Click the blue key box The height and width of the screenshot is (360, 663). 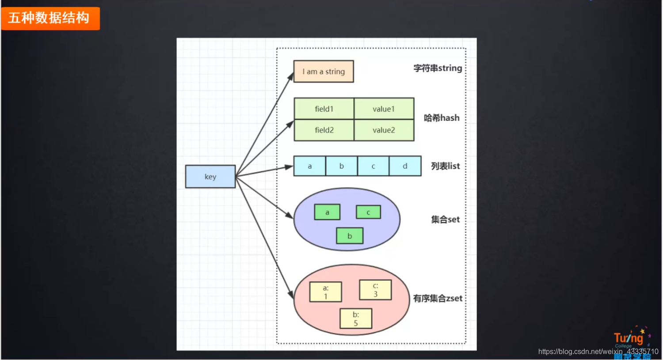click(x=210, y=177)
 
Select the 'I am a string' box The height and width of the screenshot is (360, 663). click(x=324, y=72)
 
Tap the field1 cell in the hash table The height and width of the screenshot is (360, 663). click(x=324, y=109)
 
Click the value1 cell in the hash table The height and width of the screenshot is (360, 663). click(x=384, y=109)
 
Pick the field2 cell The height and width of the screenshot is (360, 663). click(x=324, y=130)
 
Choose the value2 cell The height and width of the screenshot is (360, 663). click(x=384, y=130)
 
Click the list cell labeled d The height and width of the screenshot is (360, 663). click(x=405, y=166)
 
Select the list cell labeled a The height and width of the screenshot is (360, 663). click(x=309, y=166)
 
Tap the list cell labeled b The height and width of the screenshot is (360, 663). click(x=341, y=166)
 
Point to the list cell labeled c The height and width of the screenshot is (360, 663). click(x=373, y=166)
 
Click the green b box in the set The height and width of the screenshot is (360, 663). click(x=350, y=236)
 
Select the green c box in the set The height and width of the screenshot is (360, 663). click(x=368, y=212)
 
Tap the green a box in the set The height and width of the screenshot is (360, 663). click(x=327, y=212)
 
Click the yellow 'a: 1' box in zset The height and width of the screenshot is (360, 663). click(x=326, y=292)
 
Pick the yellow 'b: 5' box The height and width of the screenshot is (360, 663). click(x=356, y=318)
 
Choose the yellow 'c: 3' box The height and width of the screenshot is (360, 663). click(x=375, y=290)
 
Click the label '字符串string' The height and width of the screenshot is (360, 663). click(x=438, y=68)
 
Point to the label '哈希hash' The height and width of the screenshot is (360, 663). click(x=442, y=118)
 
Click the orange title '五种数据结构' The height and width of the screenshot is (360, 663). click(x=50, y=18)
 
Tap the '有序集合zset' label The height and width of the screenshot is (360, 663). click(x=438, y=299)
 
